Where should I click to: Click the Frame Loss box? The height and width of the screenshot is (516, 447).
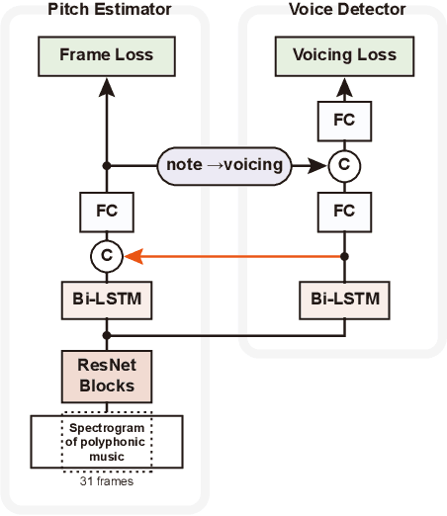tap(107, 54)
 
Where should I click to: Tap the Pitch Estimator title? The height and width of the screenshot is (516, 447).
tap(108, 10)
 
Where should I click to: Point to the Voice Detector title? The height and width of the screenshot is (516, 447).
tap(346, 10)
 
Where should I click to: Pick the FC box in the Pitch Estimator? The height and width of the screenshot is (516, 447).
tap(107, 211)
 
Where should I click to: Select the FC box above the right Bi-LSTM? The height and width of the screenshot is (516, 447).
tap(343, 211)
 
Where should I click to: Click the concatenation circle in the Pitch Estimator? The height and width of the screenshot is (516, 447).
tap(107, 256)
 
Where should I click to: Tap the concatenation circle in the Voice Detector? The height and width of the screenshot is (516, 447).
tap(343, 165)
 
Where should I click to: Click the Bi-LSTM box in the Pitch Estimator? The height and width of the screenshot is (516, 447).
tap(107, 298)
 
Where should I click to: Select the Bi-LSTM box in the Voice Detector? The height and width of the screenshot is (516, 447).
tap(343, 298)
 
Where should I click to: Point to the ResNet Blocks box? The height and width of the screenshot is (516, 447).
tap(107, 376)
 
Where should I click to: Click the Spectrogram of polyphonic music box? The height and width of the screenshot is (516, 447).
tap(107, 440)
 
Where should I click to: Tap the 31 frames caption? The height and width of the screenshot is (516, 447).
tap(107, 483)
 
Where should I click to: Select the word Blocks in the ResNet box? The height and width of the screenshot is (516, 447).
tap(107, 387)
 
